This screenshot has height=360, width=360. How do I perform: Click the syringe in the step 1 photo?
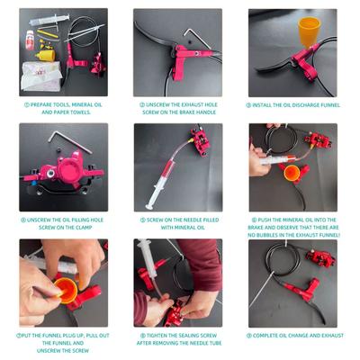point(49,20)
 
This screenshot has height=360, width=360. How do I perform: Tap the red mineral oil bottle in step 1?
point(30,40)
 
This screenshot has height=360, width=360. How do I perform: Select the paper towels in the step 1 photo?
point(41,76)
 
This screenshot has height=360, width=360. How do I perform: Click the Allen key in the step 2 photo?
point(197,38)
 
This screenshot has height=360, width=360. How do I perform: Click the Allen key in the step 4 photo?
point(69,141)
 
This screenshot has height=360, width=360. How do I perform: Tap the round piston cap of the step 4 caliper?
point(67,169)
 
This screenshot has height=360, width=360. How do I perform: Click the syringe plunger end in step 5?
point(149,206)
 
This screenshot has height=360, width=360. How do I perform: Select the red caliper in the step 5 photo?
point(200,142)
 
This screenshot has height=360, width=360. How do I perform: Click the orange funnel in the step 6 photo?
point(292,173)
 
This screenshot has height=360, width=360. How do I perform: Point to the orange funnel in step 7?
point(67,291)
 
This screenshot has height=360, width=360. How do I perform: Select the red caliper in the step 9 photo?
point(320,258)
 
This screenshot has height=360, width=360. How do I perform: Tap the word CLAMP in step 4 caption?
point(82,228)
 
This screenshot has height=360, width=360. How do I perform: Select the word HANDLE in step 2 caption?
point(205,112)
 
